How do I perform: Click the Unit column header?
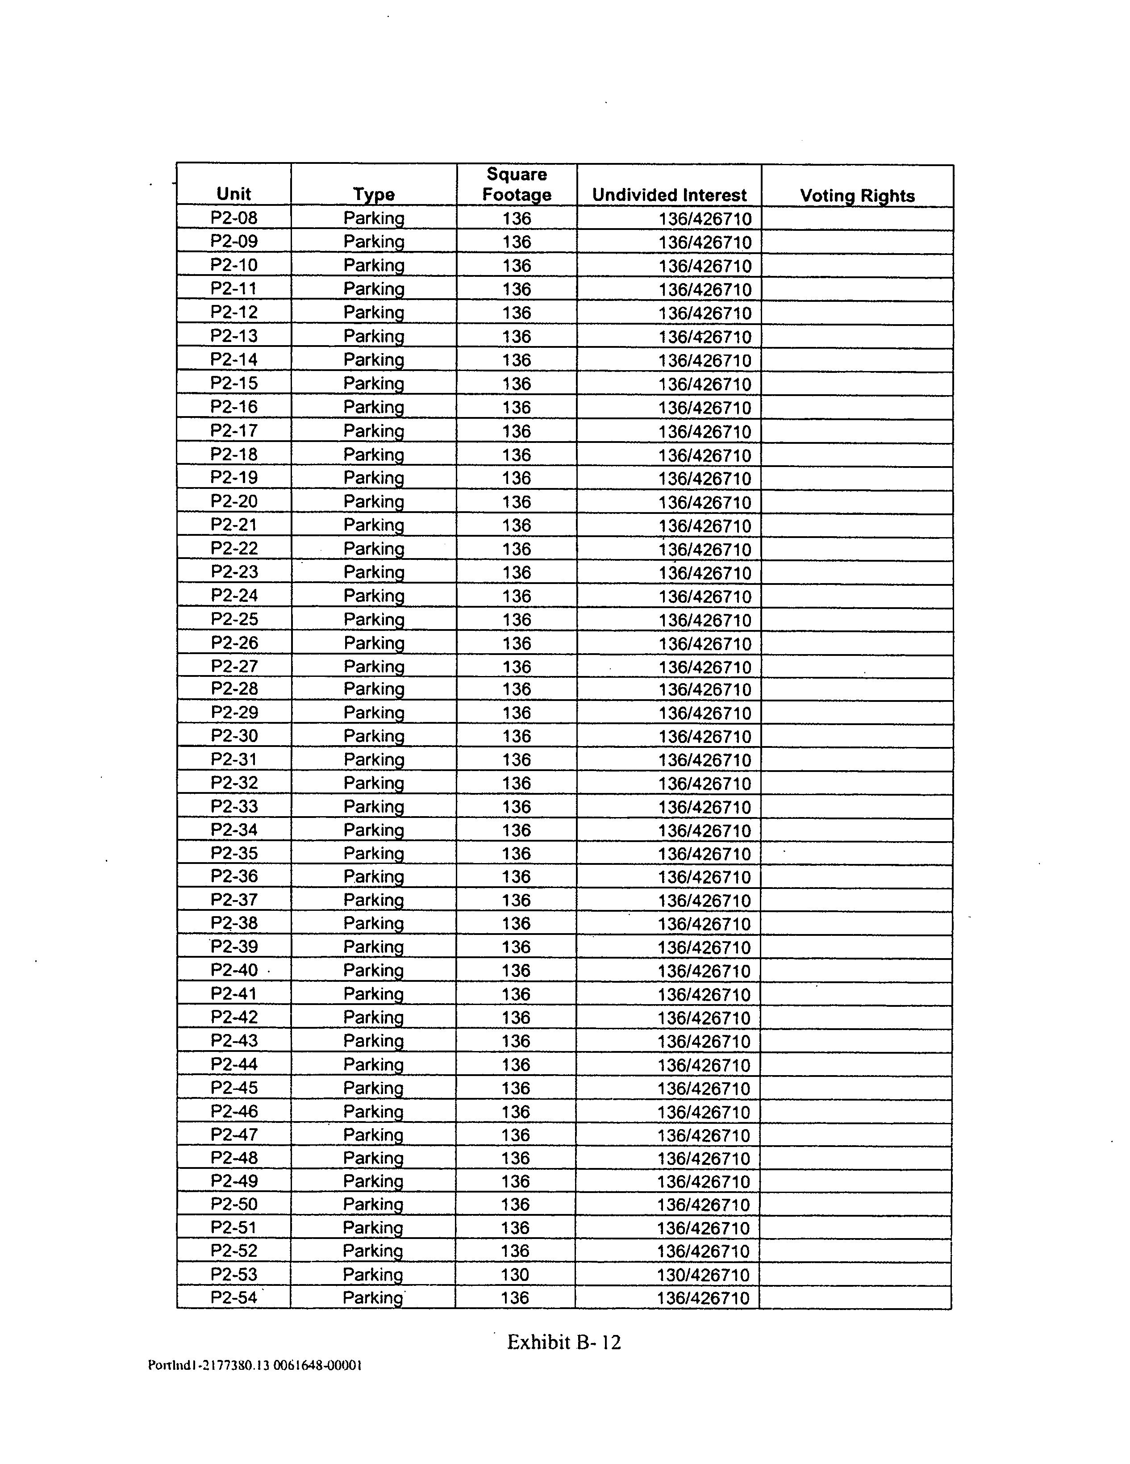point(233,194)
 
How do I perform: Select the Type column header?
point(373,194)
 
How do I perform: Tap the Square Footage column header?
point(516,184)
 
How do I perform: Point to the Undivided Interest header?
point(669,195)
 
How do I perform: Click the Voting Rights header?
point(857,196)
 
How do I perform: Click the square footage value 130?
point(515,1274)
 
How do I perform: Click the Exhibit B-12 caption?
point(563,1342)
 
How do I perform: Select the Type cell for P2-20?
point(373,501)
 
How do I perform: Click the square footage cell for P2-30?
point(516,736)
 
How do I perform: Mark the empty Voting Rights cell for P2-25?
point(857,619)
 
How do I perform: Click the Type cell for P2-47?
point(373,1134)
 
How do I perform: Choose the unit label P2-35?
point(234,853)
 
